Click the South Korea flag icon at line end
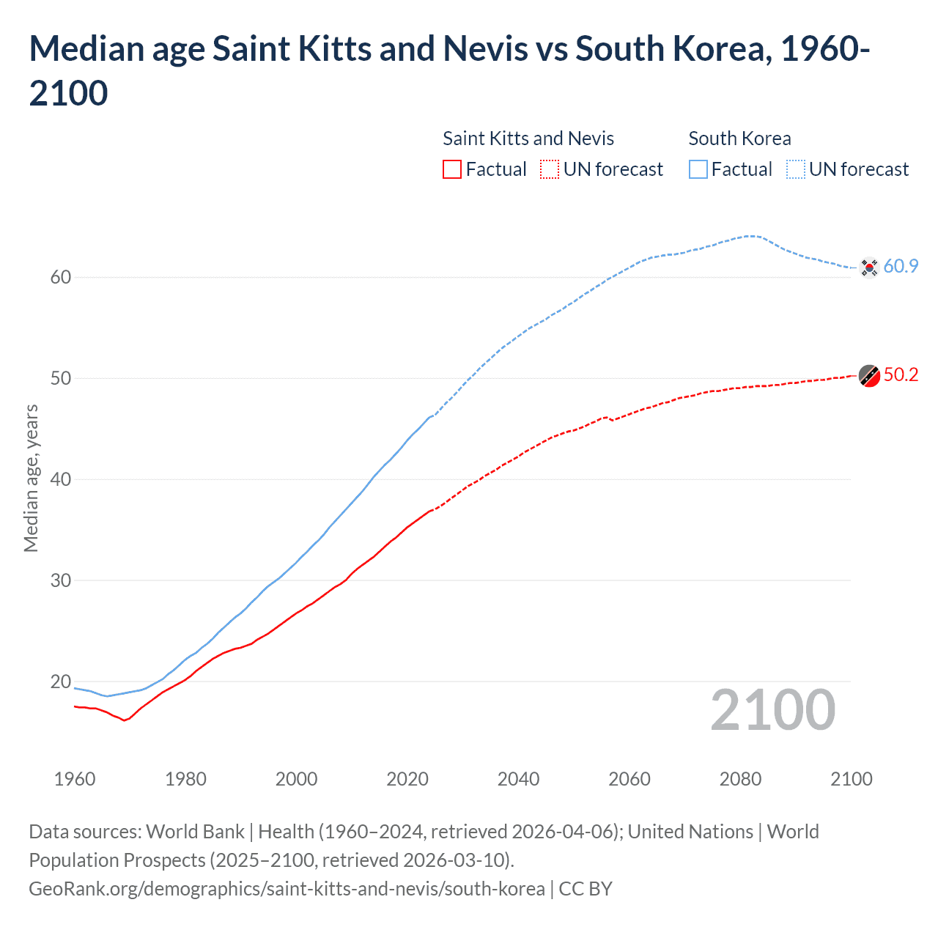point(869,267)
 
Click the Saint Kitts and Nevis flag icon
point(869,375)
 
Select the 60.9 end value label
point(901,266)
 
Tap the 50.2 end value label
point(901,374)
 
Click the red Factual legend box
point(452,169)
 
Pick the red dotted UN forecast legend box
point(550,169)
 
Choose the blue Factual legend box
point(698,169)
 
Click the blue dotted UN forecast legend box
point(796,169)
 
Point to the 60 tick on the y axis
point(61,277)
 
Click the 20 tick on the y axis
point(61,682)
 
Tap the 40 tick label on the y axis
point(61,479)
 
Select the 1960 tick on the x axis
point(75,779)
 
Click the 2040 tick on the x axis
point(518,779)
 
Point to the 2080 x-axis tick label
point(740,779)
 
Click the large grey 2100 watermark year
point(772,710)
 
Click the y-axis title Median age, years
point(31,478)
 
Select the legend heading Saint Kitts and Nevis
point(528,139)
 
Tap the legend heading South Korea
point(739,139)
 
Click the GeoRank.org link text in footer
point(287,889)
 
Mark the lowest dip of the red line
point(125,720)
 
